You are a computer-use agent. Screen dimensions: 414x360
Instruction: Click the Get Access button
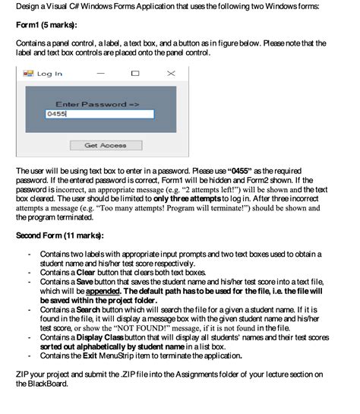tap(106, 144)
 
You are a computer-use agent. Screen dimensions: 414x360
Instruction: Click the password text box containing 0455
tap(98, 114)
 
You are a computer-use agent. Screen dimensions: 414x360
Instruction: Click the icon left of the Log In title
tap(30, 74)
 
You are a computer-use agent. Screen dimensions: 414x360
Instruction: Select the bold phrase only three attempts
tap(211, 195)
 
